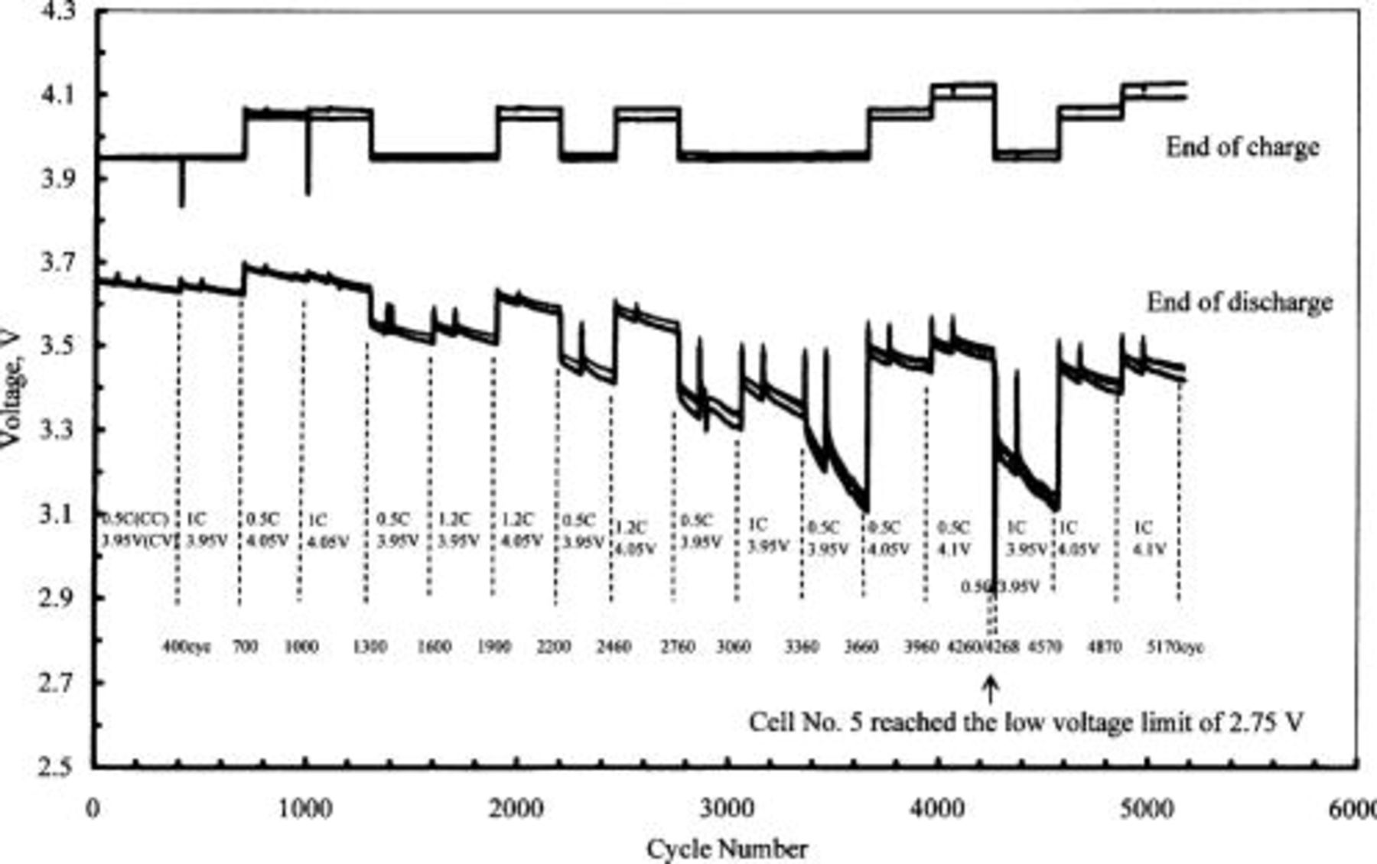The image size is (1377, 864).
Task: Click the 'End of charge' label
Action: point(1242,147)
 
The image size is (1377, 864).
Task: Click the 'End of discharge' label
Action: point(1239,303)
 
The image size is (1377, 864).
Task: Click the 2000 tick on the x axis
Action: point(515,809)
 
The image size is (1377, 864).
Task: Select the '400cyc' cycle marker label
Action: point(186,647)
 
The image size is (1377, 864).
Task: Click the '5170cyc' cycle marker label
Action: point(1175,647)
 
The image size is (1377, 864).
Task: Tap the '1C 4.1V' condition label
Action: point(1147,538)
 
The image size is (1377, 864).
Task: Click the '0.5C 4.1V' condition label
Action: point(954,538)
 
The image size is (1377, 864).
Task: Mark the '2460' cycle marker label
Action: point(614,647)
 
